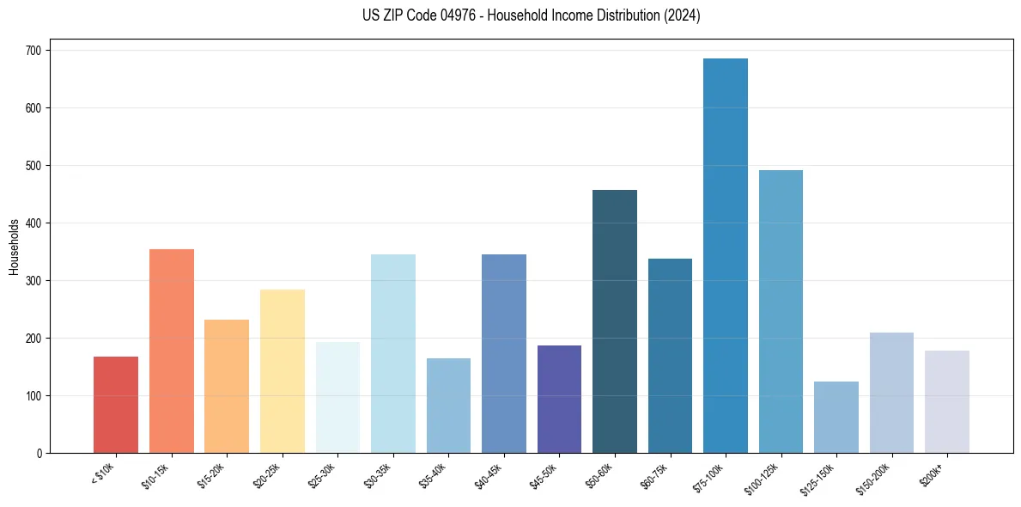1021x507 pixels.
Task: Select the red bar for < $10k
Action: coord(116,405)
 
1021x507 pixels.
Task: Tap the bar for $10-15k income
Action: coord(172,351)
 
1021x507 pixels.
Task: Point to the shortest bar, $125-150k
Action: coord(836,418)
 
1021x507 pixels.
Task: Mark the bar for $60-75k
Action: coord(670,356)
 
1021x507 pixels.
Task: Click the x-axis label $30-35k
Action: coord(380,475)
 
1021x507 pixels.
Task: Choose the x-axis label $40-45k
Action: coord(491,475)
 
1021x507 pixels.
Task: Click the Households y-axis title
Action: coord(15,247)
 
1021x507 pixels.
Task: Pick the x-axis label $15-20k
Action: coord(214,475)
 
